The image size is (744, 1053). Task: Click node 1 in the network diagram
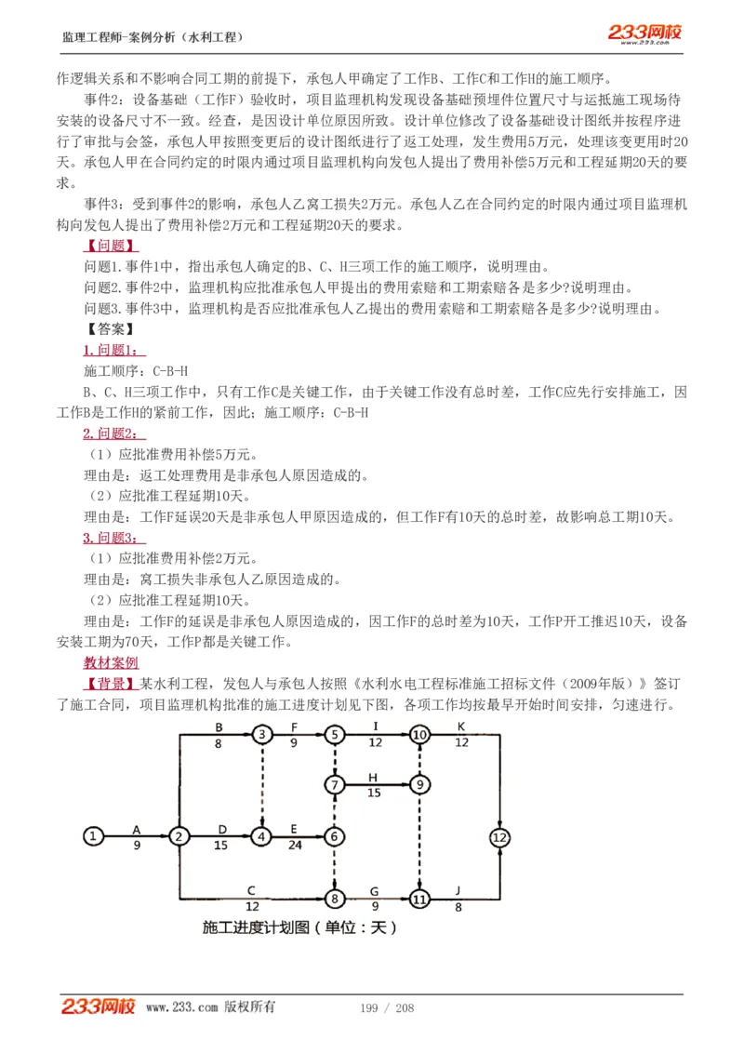[93, 835]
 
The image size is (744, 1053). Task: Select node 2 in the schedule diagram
[178, 835]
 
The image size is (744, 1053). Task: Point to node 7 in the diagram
[335, 784]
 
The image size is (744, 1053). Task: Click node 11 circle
[419, 900]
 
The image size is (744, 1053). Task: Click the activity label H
[373, 777]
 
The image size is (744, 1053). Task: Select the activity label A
[136, 827]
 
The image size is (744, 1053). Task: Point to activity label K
[460, 726]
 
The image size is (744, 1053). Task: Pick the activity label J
[458, 891]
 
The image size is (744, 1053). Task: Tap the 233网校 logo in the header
[645, 33]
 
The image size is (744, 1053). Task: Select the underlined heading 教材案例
[111, 663]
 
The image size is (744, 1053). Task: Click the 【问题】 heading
[111, 247]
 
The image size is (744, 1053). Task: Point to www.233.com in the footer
[181, 1007]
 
